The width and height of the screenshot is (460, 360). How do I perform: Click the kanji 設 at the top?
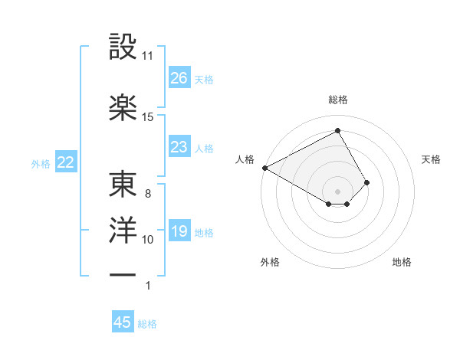(123, 47)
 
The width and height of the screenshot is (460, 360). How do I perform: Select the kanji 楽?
(123, 106)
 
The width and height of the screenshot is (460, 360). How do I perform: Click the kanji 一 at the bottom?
(123, 273)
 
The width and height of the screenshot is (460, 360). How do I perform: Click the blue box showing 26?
(179, 77)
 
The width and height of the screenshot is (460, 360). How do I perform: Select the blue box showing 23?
(179, 147)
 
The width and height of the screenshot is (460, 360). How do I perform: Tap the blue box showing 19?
(179, 231)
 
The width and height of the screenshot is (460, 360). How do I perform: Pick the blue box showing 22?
(66, 162)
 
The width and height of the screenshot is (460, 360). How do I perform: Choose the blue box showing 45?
(123, 322)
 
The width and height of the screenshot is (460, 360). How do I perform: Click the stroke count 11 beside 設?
(148, 56)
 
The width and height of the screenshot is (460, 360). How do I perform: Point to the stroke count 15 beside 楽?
(148, 116)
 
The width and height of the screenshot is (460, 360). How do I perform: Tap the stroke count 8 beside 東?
(148, 194)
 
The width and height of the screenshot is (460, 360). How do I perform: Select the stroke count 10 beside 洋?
(148, 240)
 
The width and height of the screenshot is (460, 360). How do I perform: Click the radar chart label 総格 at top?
(338, 100)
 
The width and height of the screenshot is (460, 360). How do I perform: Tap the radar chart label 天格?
(432, 159)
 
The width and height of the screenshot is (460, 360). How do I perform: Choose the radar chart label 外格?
(270, 262)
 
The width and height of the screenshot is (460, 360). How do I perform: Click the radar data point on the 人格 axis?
(264, 168)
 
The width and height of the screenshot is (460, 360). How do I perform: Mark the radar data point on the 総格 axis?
(337, 130)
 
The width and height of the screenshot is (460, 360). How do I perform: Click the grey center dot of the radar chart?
(337, 191)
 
